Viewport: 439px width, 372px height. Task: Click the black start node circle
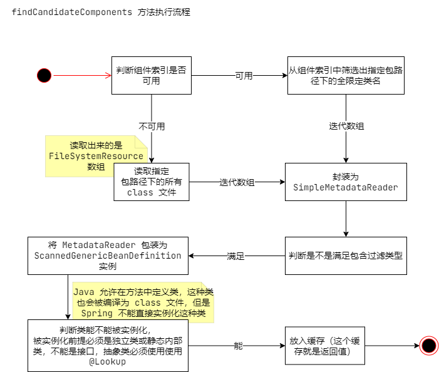[44, 75]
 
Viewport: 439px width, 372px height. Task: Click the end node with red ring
[429, 346]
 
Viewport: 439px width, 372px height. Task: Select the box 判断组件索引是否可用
[151, 75]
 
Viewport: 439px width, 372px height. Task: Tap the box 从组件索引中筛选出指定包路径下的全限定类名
[345, 75]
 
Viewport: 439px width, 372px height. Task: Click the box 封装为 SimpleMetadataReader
[346, 182]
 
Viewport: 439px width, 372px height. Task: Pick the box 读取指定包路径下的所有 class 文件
[151, 182]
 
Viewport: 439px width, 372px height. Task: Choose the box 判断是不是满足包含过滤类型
[346, 256]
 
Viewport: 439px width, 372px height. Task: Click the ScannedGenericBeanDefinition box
[108, 256]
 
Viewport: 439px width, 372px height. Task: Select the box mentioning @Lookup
[108, 346]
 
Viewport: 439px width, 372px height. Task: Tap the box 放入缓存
[324, 346]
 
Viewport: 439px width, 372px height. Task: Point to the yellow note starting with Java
[143, 302]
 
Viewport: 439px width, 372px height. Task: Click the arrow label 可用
[244, 76]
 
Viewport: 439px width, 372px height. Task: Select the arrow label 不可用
[152, 126]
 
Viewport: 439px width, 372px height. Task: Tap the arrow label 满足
[235, 256]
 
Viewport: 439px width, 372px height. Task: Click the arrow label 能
[238, 346]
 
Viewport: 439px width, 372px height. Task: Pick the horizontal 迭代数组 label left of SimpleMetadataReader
[237, 182]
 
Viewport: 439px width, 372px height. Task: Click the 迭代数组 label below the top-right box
[346, 126]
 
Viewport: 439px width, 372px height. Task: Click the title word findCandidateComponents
[71, 13]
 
